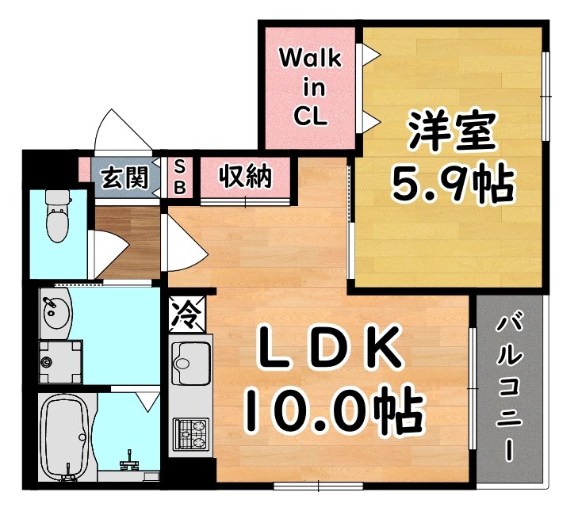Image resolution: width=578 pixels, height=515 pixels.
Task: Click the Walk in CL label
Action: [309, 86]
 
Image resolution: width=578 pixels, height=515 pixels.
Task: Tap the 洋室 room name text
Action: [452, 132]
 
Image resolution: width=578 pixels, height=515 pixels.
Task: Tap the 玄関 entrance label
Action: [125, 177]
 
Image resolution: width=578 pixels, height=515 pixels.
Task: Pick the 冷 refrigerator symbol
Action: [187, 312]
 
